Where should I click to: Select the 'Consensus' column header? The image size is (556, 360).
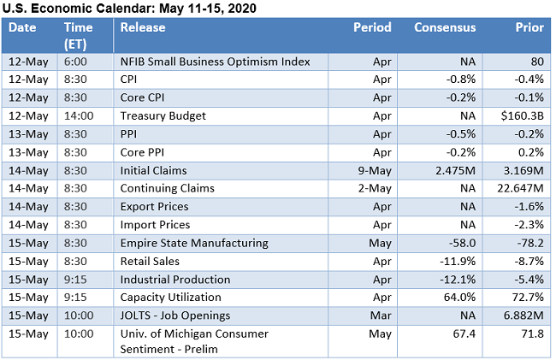[445, 27]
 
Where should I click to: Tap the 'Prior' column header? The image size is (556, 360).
[529, 27]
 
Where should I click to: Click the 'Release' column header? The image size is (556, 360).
[142, 27]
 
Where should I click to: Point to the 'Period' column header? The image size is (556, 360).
[372, 27]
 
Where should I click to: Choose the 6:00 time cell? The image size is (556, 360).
[74, 62]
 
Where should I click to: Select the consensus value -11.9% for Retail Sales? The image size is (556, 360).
[457, 261]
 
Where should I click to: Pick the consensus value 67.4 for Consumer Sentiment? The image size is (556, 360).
[462, 333]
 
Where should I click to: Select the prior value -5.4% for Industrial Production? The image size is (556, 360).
[527, 279]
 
